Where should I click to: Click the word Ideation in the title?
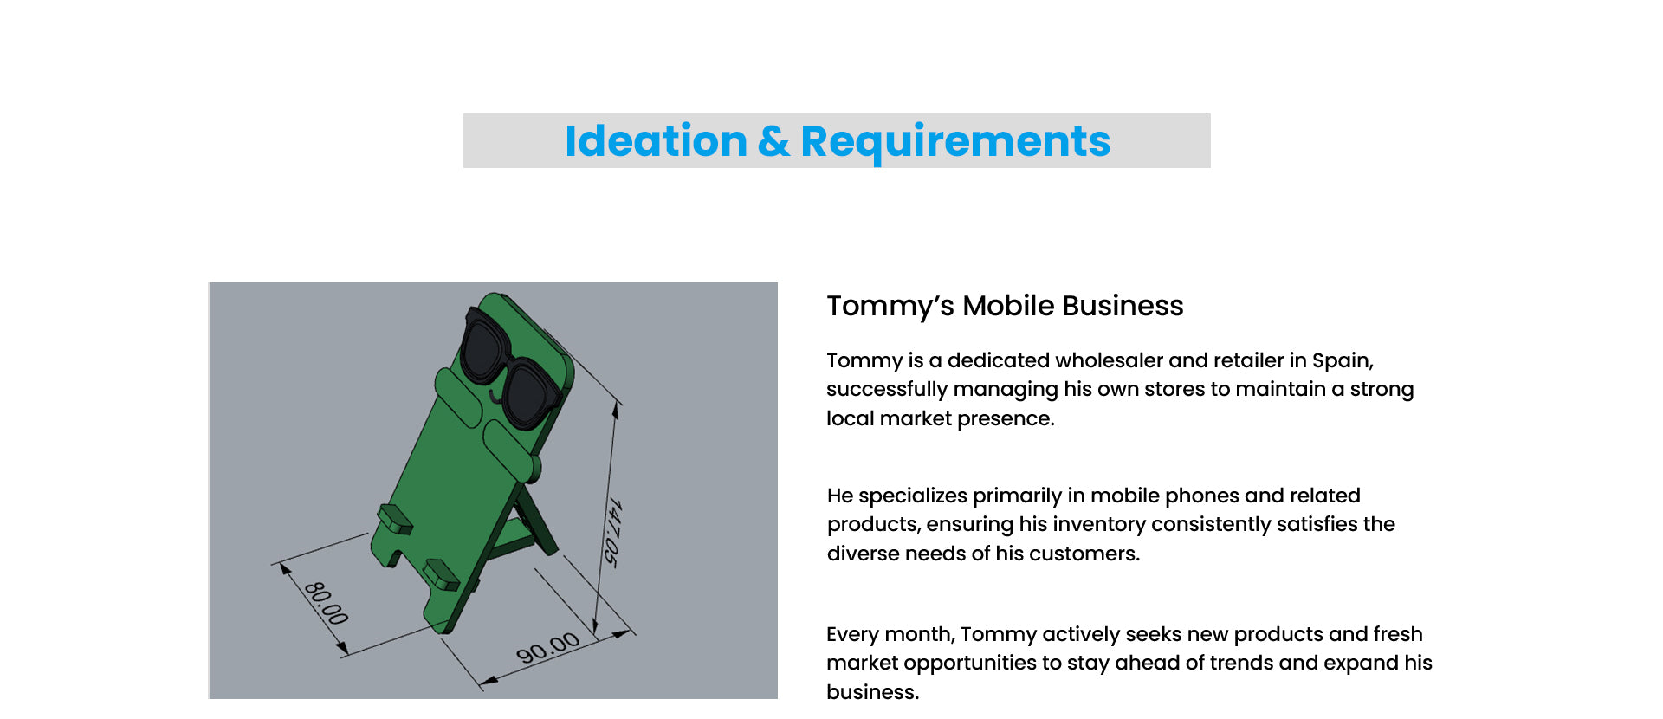click(x=656, y=141)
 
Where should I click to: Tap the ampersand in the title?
click(x=773, y=141)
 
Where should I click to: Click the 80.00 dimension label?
click(x=327, y=603)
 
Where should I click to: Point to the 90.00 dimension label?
click(x=547, y=647)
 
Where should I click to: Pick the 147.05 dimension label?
click(x=611, y=533)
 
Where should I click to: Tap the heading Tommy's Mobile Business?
click(x=1005, y=306)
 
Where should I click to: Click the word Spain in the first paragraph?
click(x=1342, y=361)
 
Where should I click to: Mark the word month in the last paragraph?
click(x=921, y=634)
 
